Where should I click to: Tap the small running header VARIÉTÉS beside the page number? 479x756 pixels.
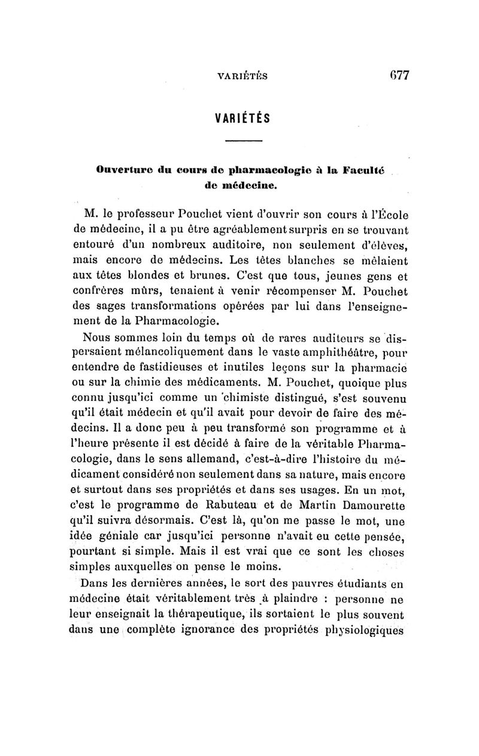pos(242,77)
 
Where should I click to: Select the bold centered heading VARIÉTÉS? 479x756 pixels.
pos(242,118)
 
